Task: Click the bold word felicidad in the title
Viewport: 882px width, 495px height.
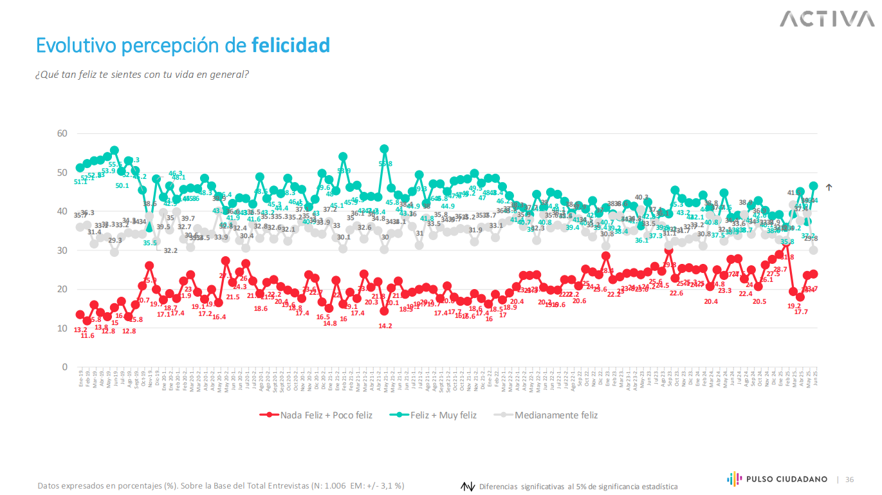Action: (x=290, y=46)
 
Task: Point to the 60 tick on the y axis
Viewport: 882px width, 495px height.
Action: (x=63, y=133)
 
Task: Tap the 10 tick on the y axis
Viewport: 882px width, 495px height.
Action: (x=63, y=328)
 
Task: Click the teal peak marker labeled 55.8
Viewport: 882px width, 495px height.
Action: (x=384, y=149)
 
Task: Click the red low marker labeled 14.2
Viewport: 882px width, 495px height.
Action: (x=384, y=311)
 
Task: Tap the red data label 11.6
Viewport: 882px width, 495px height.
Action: (x=87, y=335)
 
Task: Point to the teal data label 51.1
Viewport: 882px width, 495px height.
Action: (x=80, y=182)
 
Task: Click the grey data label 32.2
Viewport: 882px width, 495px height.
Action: (x=170, y=250)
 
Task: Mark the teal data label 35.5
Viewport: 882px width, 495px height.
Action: (x=150, y=243)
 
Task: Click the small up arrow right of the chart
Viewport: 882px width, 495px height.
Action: (x=829, y=187)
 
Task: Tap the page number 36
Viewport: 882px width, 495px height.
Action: (x=849, y=480)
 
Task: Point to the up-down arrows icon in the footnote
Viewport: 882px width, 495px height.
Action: (x=468, y=487)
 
